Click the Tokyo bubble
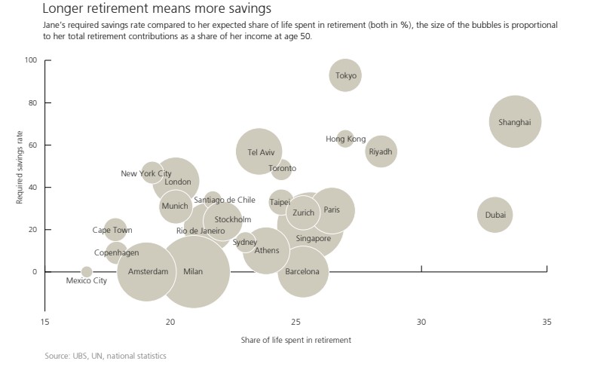(x=345, y=75)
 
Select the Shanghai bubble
(x=516, y=121)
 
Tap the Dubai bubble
(x=494, y=216)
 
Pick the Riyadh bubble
(x=381, y=151)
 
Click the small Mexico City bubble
(x=87, y=272)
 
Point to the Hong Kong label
(x=345, y=139)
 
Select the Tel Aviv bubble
(x=259, y=151)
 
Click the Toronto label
(x=283, y=169)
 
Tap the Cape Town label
(x=112, y=231)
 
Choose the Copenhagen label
(x=117, y=253)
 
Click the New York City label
(x=146, y=174)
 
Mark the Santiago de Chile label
(x=225, y=200)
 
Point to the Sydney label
(x=245, y=242)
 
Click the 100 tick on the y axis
(x=31, y=60)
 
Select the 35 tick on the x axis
(x=547, y=323)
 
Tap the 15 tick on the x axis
(x=45, y=323)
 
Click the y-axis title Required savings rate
(x=20, y=166)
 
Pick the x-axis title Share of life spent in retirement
(x=296, y=341)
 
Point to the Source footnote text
(x=106, y=356)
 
